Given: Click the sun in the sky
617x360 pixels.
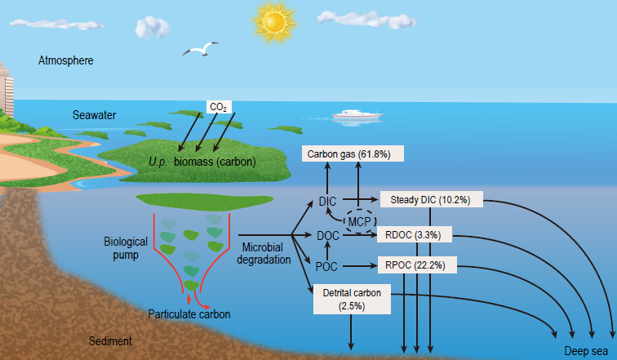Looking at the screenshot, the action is coord(274,21).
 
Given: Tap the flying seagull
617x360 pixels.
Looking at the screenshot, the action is coord(200,49).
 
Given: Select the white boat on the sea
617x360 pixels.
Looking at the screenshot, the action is coord(357,115).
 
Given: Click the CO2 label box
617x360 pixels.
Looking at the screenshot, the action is coord(219,107).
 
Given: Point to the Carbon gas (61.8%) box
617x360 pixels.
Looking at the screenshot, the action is coord(353,153).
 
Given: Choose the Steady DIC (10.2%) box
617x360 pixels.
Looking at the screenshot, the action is coord(431,199).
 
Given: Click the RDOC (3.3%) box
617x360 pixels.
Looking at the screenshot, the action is coord(415,234).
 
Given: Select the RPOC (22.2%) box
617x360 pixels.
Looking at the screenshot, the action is coord(417,265).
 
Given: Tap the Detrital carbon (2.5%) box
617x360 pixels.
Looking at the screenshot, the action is coord(352,299).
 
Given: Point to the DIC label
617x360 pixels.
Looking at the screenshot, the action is coord(327,202).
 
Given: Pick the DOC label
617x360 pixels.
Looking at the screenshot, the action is coord(328,236).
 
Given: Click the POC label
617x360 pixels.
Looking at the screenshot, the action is coord(326,267).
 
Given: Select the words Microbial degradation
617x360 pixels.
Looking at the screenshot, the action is coord(264,253).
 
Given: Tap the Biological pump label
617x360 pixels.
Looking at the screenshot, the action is coord(126,248).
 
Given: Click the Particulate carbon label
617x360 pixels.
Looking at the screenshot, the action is coord(189,314).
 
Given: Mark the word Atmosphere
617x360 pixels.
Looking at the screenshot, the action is coord(66,60).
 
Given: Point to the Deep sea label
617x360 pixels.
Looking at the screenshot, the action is coord(586,350).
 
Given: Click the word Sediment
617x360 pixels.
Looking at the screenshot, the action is coord(110,340).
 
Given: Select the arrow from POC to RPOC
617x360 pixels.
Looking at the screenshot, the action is coord(360,266).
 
